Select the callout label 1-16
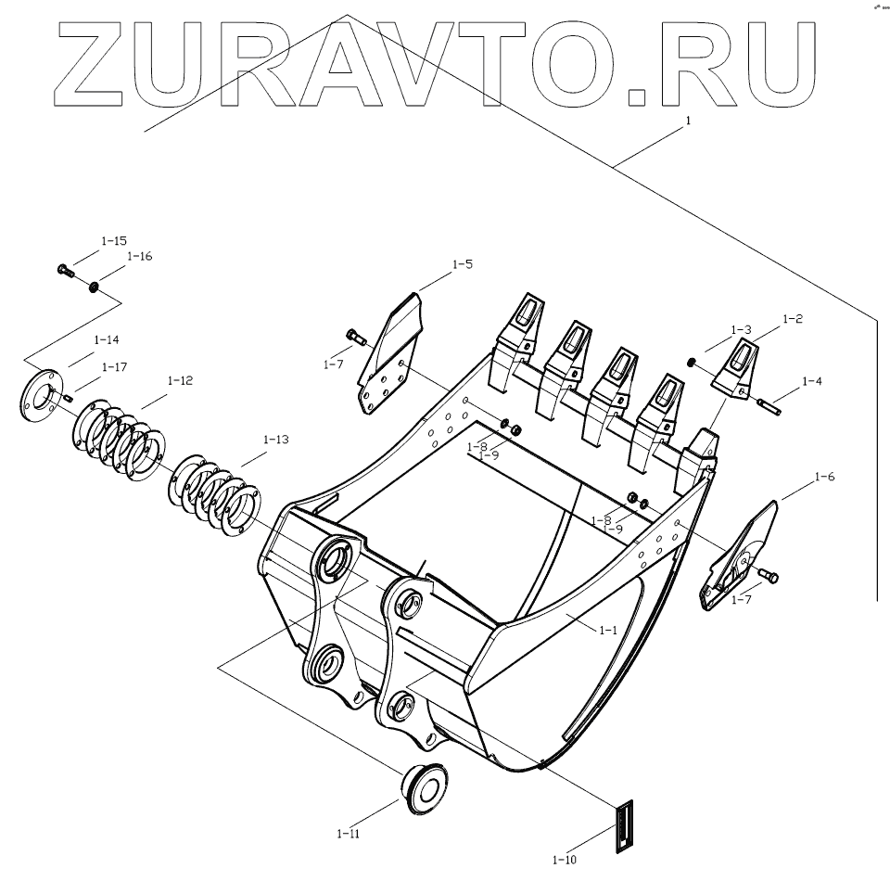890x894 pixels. [x=139, y=256]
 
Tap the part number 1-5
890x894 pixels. [x=462, y=264]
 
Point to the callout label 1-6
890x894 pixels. [x=823, y=477]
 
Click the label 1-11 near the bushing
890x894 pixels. [x=349, y=833]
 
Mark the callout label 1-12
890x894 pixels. [x=180, y=380]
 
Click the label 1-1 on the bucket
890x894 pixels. [x=607, y=629]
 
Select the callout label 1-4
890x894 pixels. [x=811, y=381]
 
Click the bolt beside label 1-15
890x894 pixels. [x=64, y=272]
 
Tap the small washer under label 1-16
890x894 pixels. [x=94, y=287]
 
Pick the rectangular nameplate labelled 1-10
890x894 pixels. [x=625, y=825]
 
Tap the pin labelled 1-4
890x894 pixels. [x=769, y=403]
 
